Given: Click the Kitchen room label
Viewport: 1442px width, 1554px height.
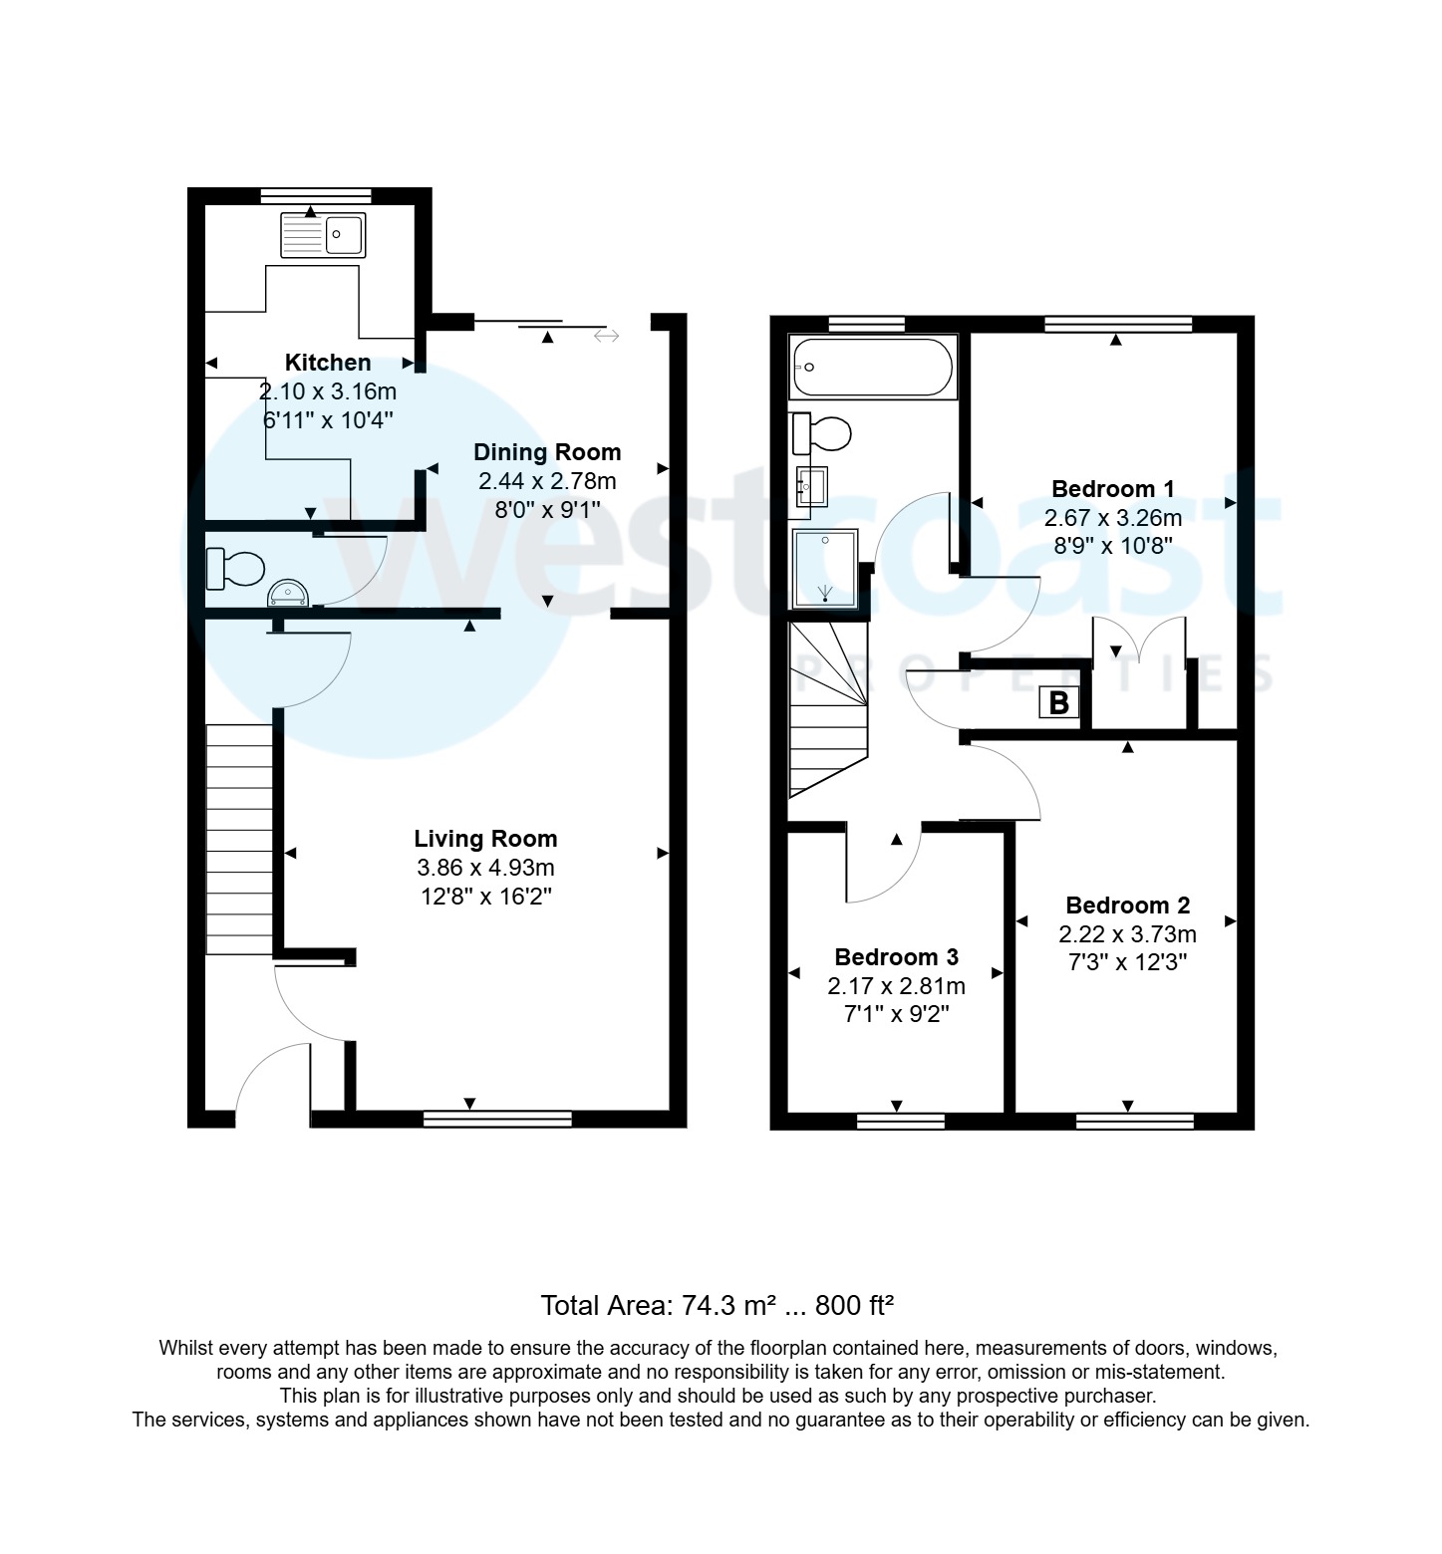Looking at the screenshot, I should pos(327,363).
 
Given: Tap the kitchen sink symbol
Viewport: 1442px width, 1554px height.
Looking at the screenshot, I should pos(323,235).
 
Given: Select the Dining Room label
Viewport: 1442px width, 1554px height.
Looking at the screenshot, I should pos(546,452).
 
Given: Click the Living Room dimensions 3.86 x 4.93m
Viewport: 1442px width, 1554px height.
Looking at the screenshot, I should pos(485,868).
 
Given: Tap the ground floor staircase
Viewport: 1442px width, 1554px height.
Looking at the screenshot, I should pos(239,839).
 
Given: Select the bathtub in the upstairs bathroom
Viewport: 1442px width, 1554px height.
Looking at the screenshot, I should pos(872,368).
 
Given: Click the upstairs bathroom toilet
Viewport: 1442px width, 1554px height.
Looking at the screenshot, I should pos(822,434).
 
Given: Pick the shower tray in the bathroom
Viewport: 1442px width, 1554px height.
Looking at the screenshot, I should pos(824,568).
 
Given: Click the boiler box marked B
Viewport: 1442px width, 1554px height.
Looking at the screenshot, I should pos(1058,703).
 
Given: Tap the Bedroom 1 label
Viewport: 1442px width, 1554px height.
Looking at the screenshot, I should pos(1112,489).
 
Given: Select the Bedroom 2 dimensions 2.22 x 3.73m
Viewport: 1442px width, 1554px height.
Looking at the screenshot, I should pos(1127,934).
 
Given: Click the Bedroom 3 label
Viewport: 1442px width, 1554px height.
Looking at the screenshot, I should pos(896,957).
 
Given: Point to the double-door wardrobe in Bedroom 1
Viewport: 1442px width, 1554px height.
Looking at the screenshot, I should pos(1140,673).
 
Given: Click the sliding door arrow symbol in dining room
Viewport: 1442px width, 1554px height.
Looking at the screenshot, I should pos(606,336).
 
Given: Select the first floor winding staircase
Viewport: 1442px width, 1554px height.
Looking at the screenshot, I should pos(827,707).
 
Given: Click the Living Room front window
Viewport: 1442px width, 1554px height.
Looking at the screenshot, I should pos(497,1119).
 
